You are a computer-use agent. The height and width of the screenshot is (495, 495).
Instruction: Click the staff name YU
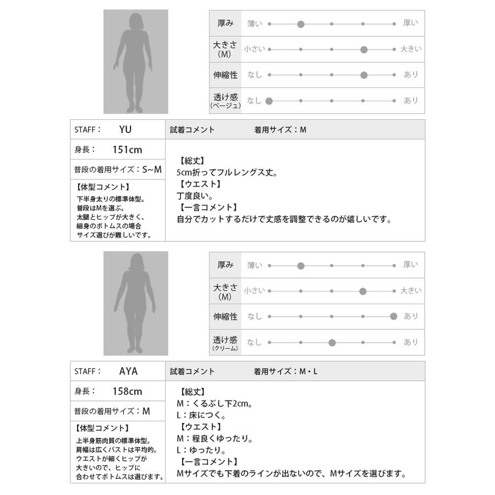[125, 130]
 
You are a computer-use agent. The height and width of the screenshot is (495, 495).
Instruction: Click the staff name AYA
[128, 371]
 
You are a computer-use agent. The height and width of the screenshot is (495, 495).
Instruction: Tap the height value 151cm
[127, 150]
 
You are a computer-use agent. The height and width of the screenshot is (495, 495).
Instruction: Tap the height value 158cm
[127, 392]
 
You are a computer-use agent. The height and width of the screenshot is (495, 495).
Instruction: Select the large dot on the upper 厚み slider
[301, 24]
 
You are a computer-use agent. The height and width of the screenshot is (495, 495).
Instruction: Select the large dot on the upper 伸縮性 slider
[364, 75]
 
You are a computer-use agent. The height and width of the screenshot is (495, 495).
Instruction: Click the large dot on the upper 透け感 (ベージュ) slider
[269, 101]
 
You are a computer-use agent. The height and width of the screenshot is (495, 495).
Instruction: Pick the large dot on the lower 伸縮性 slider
[393, 316]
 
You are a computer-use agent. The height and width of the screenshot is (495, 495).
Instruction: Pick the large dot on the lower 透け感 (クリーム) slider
[332, 342]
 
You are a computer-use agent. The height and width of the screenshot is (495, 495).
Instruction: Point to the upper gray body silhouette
[135, 62]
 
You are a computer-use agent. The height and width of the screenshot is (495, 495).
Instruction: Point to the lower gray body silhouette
[135, 303]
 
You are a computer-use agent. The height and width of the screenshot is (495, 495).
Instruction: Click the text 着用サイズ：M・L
[286, 371]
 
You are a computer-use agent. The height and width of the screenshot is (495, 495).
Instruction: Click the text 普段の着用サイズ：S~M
[118, 170]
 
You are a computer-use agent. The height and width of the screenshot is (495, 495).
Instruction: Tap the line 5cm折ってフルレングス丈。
[223, 173]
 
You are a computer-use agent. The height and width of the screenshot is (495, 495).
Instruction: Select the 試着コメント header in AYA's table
[193, 371]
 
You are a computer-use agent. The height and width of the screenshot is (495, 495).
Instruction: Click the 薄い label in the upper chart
[255, 24]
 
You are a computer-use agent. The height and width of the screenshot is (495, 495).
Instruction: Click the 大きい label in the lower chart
[411, 290]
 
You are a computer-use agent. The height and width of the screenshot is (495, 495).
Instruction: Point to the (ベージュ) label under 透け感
[226, 106]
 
